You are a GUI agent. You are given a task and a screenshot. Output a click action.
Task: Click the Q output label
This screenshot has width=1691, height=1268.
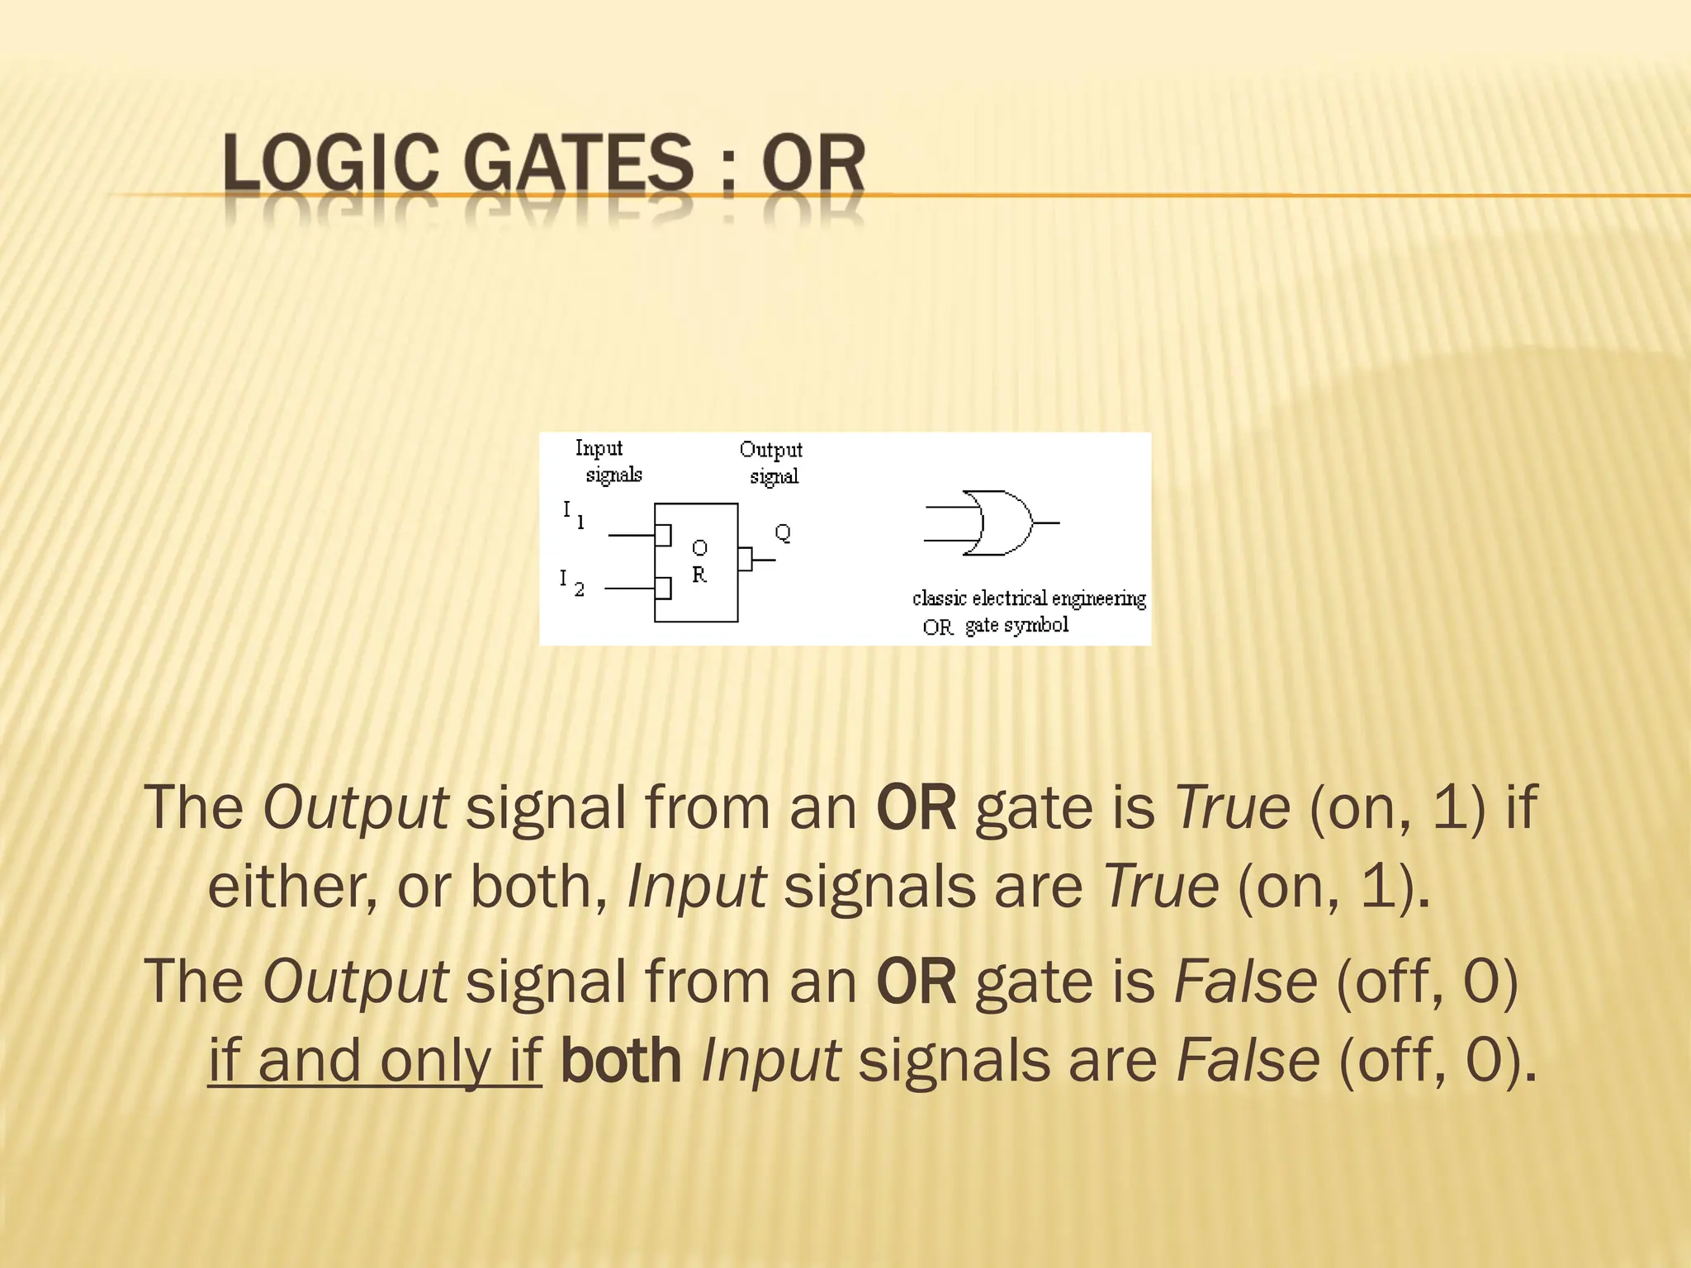(x=783, y=532)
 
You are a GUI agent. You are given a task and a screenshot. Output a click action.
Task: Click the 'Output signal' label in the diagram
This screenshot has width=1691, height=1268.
(x=771, y=462)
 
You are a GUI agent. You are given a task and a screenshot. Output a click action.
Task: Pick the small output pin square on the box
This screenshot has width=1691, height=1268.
(x=745, y=559)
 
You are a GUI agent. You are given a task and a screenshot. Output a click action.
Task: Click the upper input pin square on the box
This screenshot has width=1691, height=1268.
(x=663, y=535)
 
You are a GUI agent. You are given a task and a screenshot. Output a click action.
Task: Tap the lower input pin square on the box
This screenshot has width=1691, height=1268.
(x=663, y=588)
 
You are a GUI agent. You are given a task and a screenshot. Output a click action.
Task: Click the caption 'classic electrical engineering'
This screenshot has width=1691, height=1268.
(x=1029, y=598)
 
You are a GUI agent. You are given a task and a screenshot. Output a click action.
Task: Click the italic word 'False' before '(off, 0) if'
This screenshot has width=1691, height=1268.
(x=1245, y=981)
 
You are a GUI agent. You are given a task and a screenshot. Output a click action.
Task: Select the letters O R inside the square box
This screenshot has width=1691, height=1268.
(x=699, y=561)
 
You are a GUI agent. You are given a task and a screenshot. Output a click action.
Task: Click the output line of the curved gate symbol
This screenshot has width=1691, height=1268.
(x=1047, y=523)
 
